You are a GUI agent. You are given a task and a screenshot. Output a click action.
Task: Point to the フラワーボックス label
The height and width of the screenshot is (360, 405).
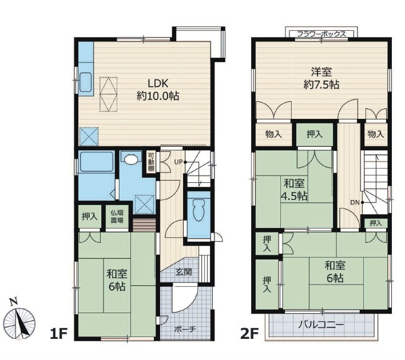321,34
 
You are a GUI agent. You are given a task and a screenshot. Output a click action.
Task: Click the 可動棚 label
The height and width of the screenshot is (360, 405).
150,161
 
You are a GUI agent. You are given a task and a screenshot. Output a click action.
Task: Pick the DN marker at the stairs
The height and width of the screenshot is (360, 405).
355,202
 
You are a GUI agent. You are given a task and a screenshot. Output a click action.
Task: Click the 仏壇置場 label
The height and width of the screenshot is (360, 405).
117,217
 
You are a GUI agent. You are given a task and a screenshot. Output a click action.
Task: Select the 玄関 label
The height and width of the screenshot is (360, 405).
183,272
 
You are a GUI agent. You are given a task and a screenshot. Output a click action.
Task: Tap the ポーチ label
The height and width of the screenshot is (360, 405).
185,329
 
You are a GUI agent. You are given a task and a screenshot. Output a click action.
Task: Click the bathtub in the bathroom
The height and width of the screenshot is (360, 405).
97,163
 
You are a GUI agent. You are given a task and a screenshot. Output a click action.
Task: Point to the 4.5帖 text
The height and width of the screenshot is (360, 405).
294,196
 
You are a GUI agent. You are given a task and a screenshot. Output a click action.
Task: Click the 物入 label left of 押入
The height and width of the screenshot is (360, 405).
273,134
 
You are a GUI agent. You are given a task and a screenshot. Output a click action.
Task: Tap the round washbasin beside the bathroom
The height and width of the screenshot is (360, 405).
131,160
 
